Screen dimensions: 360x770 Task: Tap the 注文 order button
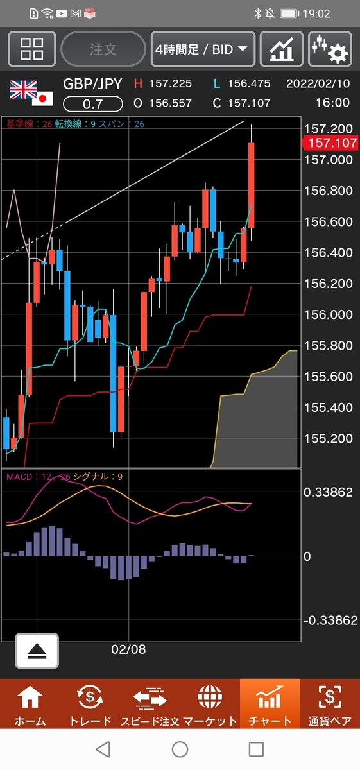[103, 49]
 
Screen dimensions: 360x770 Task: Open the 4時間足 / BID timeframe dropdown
[203, 49]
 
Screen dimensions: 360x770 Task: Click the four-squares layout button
[31, 49]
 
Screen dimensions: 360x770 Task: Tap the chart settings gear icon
[330, 49]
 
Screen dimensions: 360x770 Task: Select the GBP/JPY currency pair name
[92, 84]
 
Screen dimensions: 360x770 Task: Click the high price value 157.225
[171, 83]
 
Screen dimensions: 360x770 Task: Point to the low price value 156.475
[249, 83]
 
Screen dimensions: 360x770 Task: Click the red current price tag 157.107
[330, 142]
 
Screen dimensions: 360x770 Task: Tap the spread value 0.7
[93, 104]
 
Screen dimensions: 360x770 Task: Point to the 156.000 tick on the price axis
[329, 314]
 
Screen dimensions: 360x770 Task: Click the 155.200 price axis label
[329, 438]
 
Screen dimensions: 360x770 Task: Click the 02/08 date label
[128, 649]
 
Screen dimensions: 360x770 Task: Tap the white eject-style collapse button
[37, 651]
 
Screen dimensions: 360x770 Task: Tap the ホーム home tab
[30, 705]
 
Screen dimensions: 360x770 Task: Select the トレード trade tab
[90, 705]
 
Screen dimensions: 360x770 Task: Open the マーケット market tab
[210, 705]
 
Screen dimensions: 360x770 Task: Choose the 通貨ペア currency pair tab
[330, 705]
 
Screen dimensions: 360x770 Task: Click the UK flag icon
[23, 89]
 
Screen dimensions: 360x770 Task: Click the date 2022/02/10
[318, 83]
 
